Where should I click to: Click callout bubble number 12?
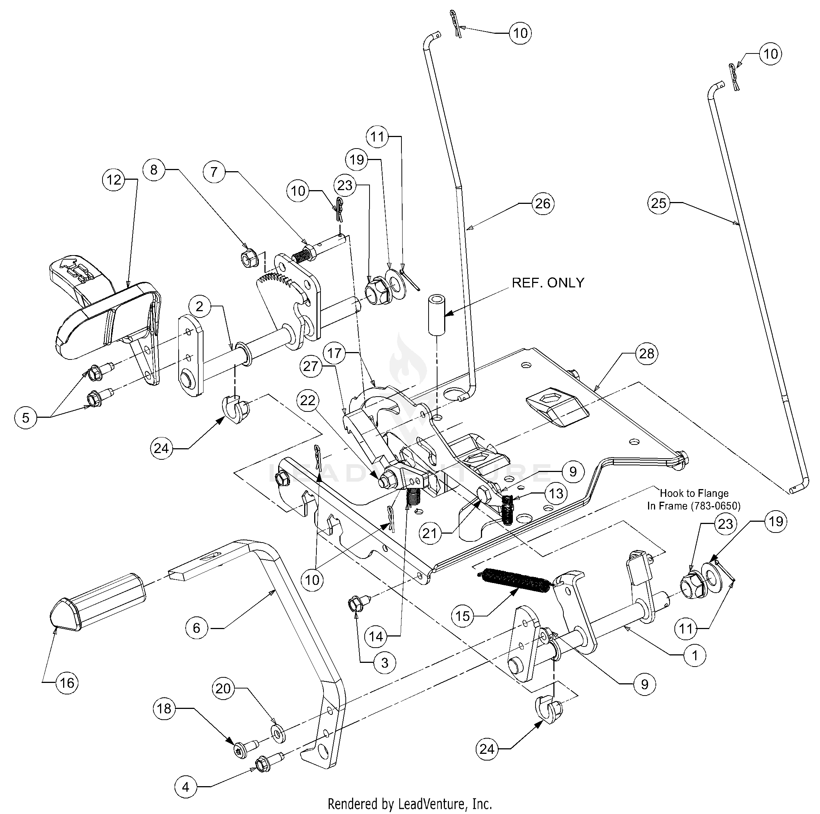pos(114,180)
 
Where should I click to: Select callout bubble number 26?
pos(543,204)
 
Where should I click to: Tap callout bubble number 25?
pos(658,203)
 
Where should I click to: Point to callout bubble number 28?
pos(647,353)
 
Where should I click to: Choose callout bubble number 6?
pos(196,628)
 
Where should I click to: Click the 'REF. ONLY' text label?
pos(548,283)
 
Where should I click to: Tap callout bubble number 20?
pos(223,688)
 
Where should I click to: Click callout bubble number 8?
pos(154,170)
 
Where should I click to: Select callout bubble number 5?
pos(26,418)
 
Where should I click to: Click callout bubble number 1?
pos(695,655)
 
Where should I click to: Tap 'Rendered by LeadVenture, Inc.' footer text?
pos(410,804)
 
